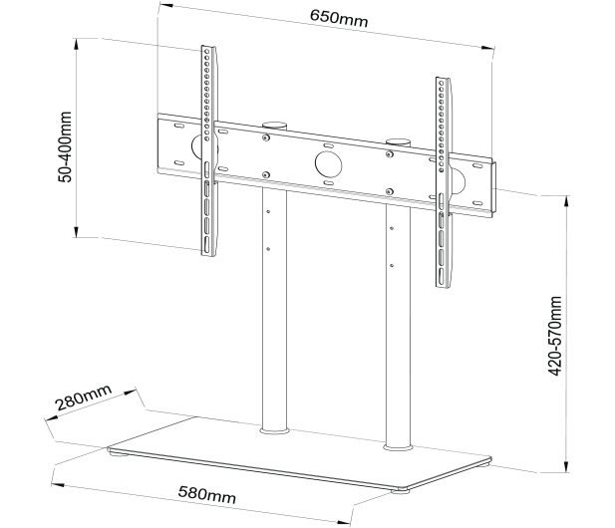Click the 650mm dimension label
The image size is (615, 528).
[x=339, y=18]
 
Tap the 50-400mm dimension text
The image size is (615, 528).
[x=65, y=147]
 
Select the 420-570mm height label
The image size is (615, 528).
[x=555, y=336]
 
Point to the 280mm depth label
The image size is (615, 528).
[x=84, y=397]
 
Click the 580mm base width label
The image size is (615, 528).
[x=207, y=495]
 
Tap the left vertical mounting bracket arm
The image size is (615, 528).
[x=208, y=150]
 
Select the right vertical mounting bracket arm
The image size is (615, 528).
[x=444, y=182]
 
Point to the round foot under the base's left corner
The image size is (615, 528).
[x=118, y=454]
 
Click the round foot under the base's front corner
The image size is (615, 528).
[x=400, y=489]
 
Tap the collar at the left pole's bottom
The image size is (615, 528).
[x=274, y=431]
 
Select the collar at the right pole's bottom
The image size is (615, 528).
[x=398, y=447]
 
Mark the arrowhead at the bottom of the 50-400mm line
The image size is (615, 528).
[x=77, y=232]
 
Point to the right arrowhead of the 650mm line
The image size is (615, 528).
[x=487, y=48]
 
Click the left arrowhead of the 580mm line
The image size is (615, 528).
[x=58, y=485]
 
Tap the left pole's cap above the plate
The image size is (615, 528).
[x=274, y=126]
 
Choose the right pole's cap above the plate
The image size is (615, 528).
[x=398, y=141]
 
